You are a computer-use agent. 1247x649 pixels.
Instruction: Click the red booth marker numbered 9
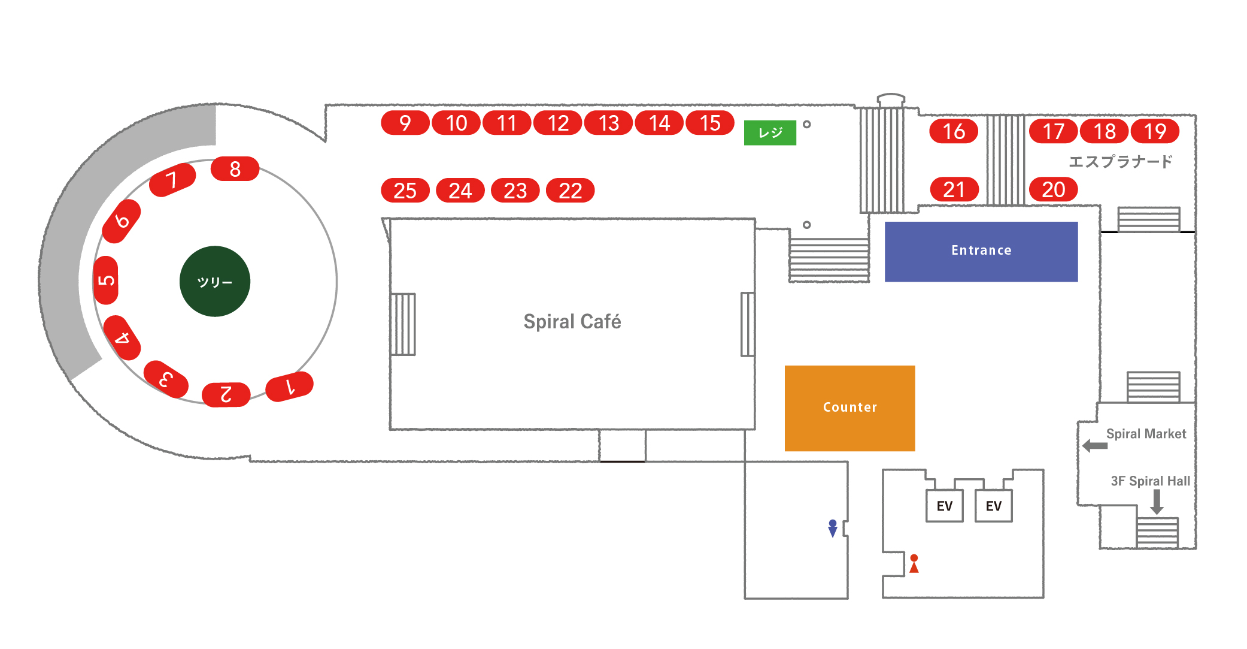click(405, 123)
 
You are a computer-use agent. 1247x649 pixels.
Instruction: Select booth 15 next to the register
click(710, 123)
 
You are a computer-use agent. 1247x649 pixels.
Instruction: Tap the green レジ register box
click(770, 132)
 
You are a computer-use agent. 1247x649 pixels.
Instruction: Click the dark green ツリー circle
click(215, 281)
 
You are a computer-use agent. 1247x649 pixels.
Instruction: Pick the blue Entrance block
click(981, 252)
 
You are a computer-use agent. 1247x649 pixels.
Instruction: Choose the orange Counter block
click(849, 408)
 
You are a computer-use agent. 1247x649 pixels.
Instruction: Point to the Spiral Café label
click(572, 322)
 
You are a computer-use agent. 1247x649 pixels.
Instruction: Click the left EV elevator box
click(945, 506)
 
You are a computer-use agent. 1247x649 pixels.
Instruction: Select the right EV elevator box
click(994, 506)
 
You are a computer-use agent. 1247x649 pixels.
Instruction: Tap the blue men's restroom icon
click(833, 529)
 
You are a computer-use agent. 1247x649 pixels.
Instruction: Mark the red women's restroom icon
click(914, 564)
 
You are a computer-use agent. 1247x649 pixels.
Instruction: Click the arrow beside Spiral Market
click(1095, 446)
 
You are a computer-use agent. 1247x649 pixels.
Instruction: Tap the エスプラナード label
click(1120, 162)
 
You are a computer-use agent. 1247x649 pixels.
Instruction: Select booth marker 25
click(405, 191)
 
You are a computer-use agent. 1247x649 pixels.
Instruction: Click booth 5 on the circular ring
click(106, 280)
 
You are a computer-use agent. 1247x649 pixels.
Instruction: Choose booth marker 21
click(954, 189)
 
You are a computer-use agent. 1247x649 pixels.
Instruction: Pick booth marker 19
click(1155, 131)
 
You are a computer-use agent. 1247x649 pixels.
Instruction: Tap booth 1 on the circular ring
click(289, 387)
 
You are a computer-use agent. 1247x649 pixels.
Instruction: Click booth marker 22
click(571, 191)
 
